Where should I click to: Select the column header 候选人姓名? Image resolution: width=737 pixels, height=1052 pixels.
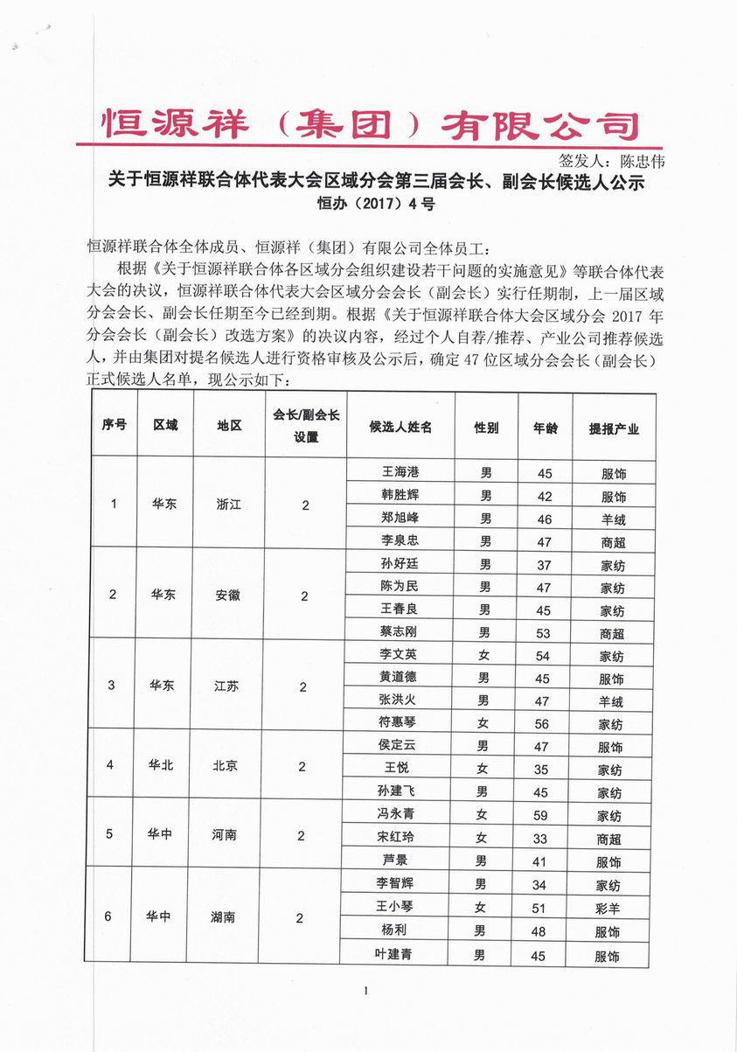coord(400,428)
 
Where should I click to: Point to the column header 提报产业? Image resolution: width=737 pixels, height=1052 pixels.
coord(614,428)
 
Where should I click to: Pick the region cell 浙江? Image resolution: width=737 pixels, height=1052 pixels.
coord(228,505)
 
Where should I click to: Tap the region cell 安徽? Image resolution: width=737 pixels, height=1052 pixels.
coord(227,596)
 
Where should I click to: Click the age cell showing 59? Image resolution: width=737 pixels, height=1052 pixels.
coord(541,816)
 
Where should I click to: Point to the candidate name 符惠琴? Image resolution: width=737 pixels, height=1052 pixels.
coord(400,723)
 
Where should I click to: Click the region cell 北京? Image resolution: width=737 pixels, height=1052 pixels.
coord(225,766)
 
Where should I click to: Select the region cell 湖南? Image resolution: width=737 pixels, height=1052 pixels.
coord(223,918)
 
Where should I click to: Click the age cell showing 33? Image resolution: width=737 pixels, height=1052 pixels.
coord(540,839)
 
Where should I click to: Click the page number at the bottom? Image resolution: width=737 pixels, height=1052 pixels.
coord(367,991)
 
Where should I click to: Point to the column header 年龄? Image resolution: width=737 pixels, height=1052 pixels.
coord(545,428)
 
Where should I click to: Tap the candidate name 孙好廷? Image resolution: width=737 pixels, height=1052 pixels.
coord(400,564)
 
